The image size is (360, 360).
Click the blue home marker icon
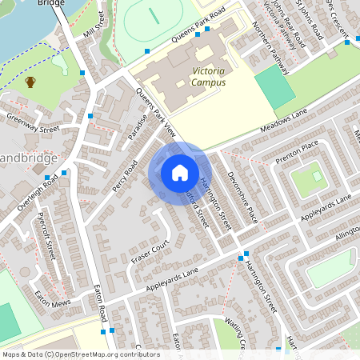180,173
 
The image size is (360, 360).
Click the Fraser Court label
151,251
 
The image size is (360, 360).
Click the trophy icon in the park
30,82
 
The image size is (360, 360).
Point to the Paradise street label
136,128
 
